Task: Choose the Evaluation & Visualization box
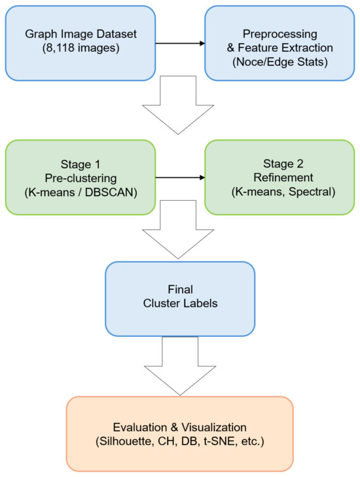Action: (x=180, y=433)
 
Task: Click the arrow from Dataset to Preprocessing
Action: (x=180, y=44)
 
